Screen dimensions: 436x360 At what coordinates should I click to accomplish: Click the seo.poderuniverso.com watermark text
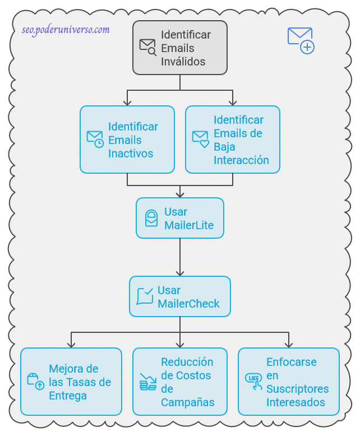pos(66,30)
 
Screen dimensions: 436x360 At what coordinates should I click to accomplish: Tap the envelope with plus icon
pos(301,40)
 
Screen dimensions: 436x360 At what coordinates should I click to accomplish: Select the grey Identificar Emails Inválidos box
pos(179,48)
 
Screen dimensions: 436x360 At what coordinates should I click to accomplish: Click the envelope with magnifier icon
pos(148,47)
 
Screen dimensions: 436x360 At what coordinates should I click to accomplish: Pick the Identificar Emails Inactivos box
pos(127,140)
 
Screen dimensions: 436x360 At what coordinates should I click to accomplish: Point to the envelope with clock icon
pos(95,139)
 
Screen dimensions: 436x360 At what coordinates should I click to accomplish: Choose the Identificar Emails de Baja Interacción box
pos(232,140)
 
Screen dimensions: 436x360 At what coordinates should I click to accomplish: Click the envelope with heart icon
pos(200,139)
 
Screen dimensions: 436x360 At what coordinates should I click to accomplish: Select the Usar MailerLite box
pos(179,218)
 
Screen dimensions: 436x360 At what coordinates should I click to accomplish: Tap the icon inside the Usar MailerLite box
pos(151,219)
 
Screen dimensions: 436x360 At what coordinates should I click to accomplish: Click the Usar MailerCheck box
pos(179,296)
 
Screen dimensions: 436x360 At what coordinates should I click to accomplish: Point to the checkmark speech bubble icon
pos(145,296)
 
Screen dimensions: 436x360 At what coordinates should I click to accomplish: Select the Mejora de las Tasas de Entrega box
pos(71,382)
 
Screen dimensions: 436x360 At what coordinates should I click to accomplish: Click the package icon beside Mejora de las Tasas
pos(36,381)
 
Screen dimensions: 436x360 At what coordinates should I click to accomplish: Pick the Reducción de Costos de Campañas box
pos(179,382)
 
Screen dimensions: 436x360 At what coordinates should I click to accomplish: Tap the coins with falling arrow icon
pos(148,382)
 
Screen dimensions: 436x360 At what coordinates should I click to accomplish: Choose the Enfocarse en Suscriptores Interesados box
pos(288,382)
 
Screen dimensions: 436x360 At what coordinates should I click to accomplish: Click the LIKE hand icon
pos(254,381)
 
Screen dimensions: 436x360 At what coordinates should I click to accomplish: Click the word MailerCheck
pos(188,304)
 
